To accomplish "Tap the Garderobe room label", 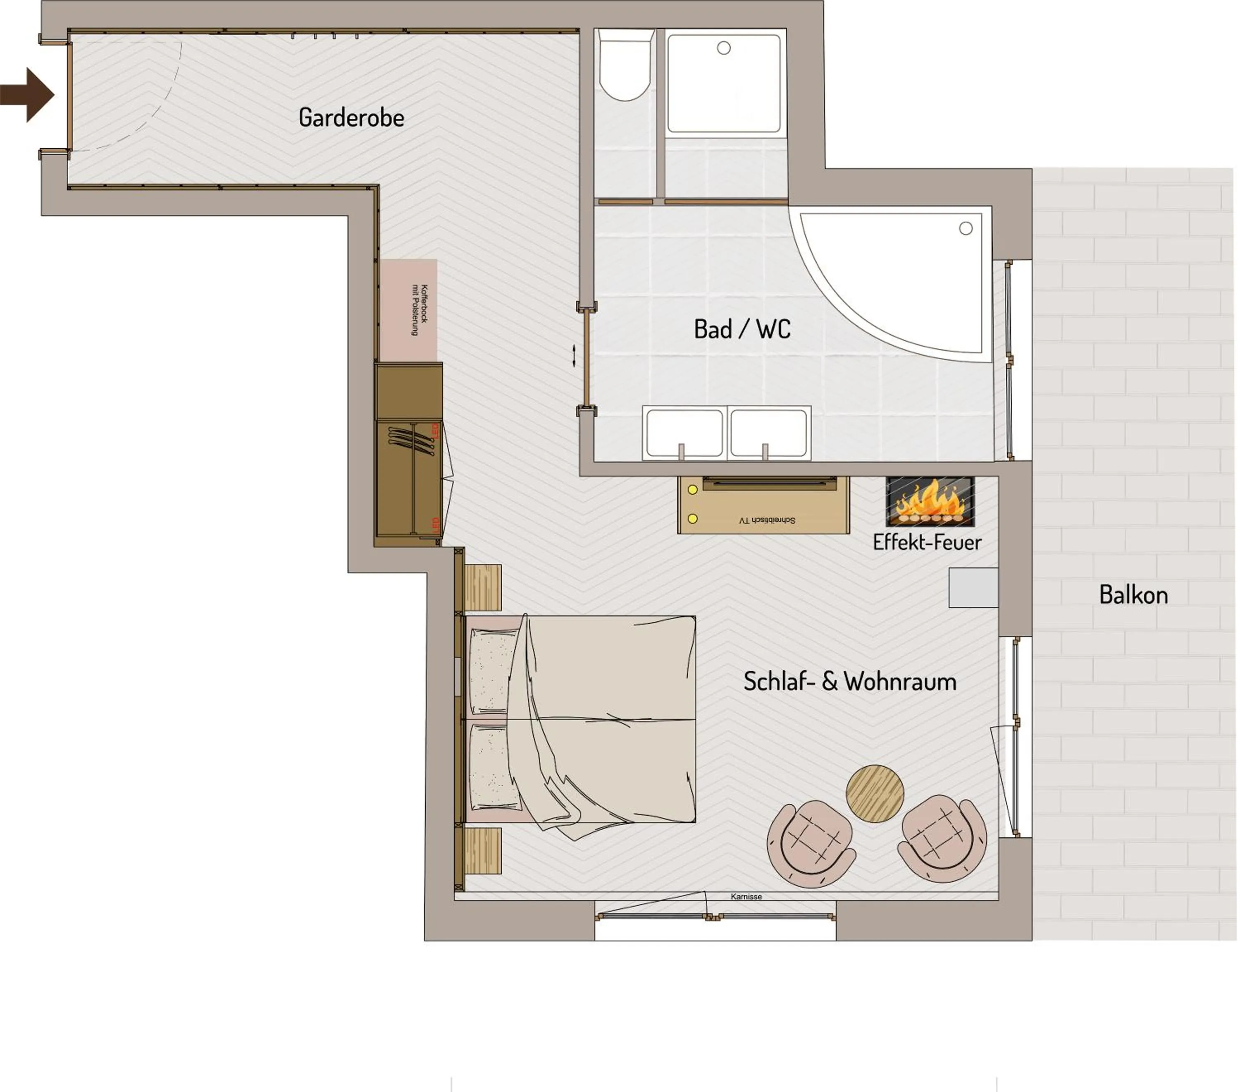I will [x=351, y=117].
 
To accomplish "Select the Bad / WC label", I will [x=742, y=329].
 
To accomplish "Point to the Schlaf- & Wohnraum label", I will [x=849, y=681].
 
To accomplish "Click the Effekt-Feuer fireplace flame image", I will [x=930, y=501].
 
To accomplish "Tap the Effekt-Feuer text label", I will [x=926, y=542].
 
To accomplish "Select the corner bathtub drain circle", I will [x=965, y=228].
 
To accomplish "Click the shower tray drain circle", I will [x=723, y=48].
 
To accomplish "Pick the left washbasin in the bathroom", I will [x=684, y=433].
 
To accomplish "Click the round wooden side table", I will [x=874, y=793].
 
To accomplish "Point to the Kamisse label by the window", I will [x=746, y=896].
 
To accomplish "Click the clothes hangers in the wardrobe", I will [x=411, y=440].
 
